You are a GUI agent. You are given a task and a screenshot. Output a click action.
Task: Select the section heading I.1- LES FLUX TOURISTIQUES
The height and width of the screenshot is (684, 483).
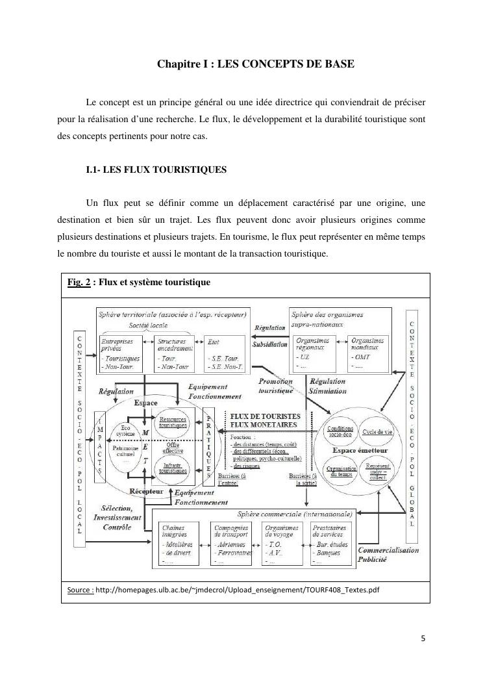pos(156,170)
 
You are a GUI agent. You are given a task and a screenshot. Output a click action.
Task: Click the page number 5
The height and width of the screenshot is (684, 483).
pos(423,638)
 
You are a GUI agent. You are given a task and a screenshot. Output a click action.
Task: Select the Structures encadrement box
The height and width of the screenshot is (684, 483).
pos(175,353)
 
